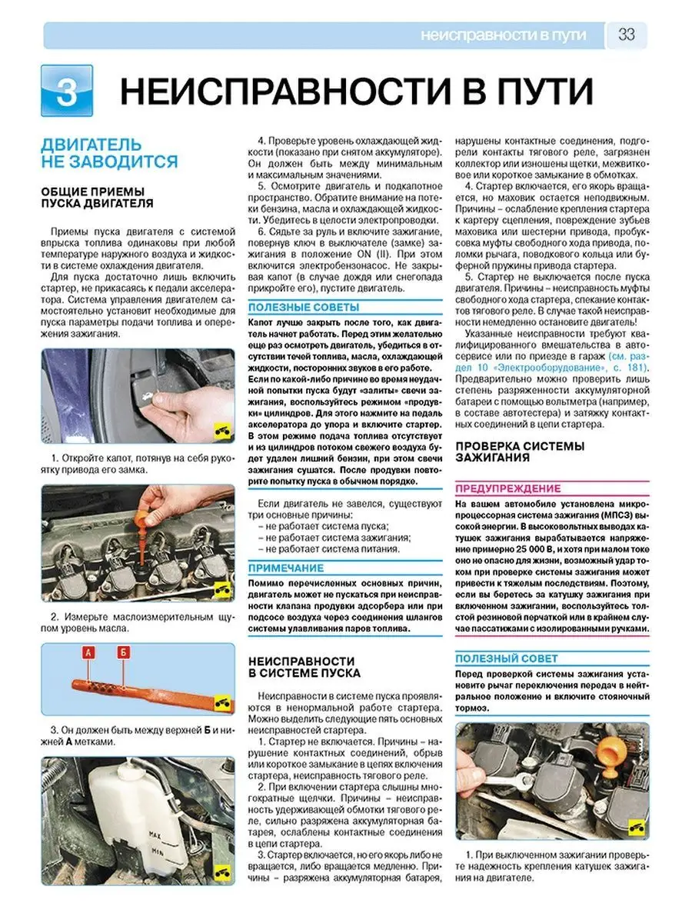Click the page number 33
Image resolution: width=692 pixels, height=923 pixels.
[x=626, y=35]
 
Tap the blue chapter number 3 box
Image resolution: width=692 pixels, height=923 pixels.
[x=67, y=92]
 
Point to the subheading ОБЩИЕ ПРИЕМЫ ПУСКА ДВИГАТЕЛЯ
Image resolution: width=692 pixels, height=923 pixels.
[x=97, y=197]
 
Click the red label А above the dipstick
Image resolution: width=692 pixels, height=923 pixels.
[x=88, y=653]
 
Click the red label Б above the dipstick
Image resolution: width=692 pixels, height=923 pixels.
[x=122, y=653]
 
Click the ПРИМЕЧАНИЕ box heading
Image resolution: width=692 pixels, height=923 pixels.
[x=286, y=568]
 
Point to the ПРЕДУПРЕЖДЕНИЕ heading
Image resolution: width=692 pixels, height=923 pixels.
[x=508, y=488]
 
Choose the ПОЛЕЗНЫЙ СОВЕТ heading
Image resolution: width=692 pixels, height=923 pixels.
[x=507, y=658]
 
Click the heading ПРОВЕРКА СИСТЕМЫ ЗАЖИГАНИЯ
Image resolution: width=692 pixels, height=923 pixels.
[x=520, y=452]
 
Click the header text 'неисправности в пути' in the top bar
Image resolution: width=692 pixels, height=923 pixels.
[x=504, y=35]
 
